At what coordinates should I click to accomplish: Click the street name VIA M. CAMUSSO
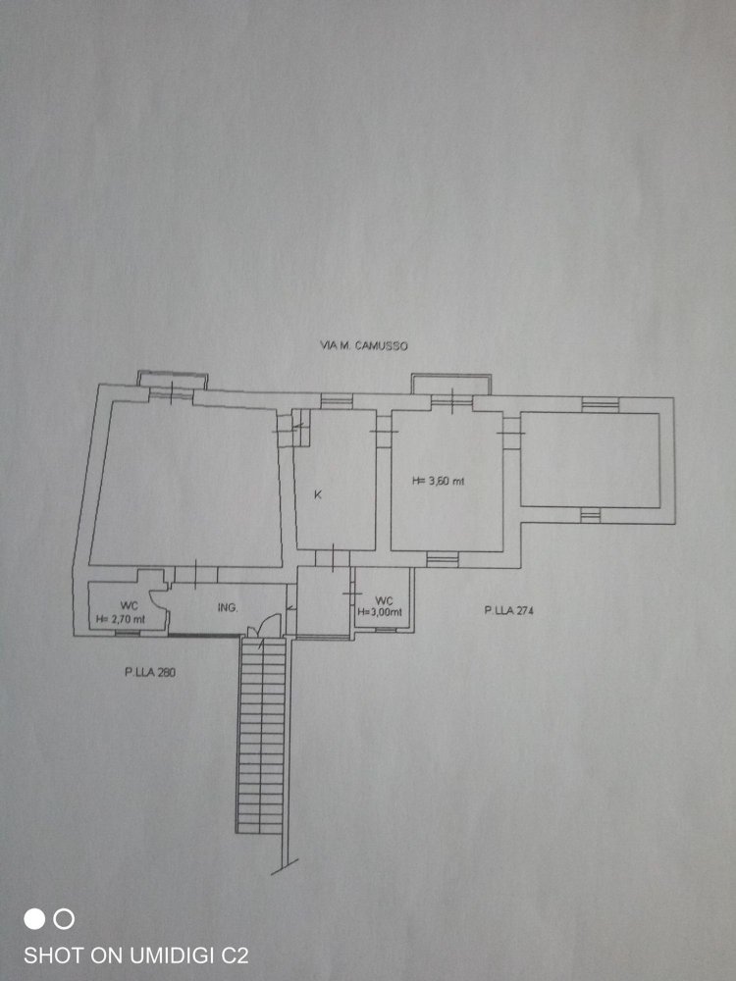pyautogui.click(x=364, y=346)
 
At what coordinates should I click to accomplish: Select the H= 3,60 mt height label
pyautogui.click(x=436, y=481)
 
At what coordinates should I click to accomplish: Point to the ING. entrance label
pyautogui.click(x=228, y=608)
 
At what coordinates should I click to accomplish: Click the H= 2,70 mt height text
pyautogui.click(x=121, y=620)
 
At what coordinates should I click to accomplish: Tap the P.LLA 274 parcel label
pyautogui.click(x=507, y=611)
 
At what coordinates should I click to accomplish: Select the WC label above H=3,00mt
pyautogui.click(x=384, y=599)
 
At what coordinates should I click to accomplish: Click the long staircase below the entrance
pyautogui.click(x=262, y=736)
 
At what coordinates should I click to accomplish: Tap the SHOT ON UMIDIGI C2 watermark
pyautogui.click(x=135, y=954)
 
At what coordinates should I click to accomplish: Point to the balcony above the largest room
pyautogui.click(x=171, y=379)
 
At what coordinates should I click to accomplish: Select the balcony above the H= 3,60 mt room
pyautogui.click(x=448, y=383)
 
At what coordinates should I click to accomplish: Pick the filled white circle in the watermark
pyautogui.click(x=34, y=919)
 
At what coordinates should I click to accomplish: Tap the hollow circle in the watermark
pyautogui.click(x=64, y=919)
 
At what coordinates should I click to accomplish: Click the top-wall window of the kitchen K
pyautogui.click(x=337, y=400)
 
